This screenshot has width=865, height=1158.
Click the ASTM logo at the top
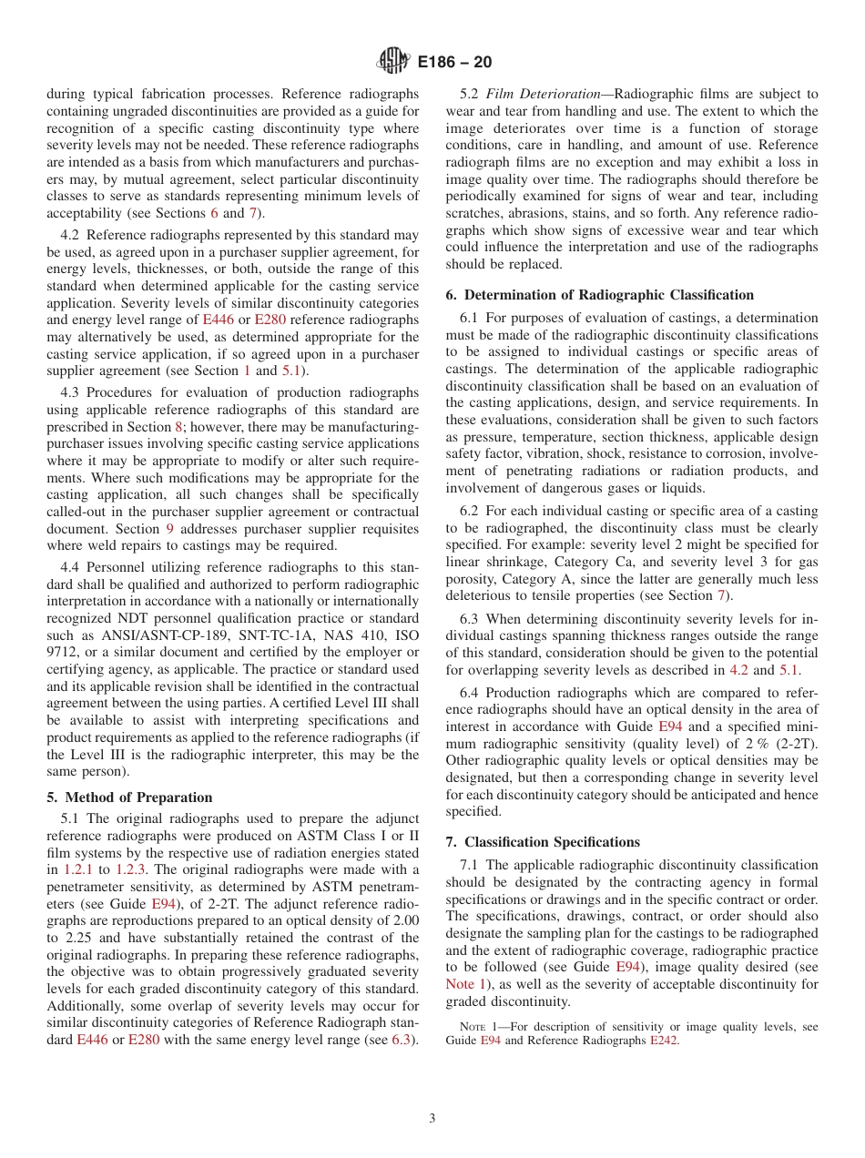(x=392, y=62)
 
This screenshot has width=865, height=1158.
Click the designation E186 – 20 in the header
(x=454, y=63)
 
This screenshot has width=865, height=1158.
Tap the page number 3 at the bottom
(x=432, y=1118)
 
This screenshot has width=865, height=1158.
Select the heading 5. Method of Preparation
(x=129, y=797)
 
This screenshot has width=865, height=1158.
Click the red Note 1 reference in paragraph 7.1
(x=464, y=984)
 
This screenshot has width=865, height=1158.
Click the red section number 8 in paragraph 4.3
(x=178, y=426)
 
